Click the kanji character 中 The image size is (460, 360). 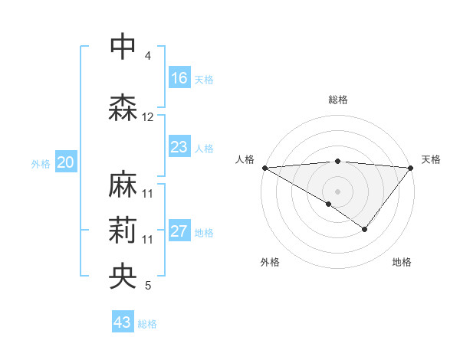point(123,46)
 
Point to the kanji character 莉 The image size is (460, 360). point(123,231)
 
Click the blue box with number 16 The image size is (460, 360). point(179,78)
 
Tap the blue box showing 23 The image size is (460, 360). point(179,147)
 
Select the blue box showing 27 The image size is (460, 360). point(179,232)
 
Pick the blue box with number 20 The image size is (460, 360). point(66,162)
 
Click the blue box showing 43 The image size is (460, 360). point(122,322)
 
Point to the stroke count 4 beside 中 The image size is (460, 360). point(148,56)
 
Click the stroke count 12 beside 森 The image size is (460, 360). point(148,117)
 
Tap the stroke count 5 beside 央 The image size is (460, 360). point(148,286)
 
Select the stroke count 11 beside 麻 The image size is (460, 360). point(148,194)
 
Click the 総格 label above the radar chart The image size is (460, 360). point(337,100)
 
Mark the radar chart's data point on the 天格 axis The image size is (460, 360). point(411,167)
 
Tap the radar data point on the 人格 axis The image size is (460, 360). point(264,167)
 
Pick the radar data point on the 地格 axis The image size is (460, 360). point(365,229)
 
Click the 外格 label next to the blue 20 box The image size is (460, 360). point(41,163)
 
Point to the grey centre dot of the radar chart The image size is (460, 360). point(337,191)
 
